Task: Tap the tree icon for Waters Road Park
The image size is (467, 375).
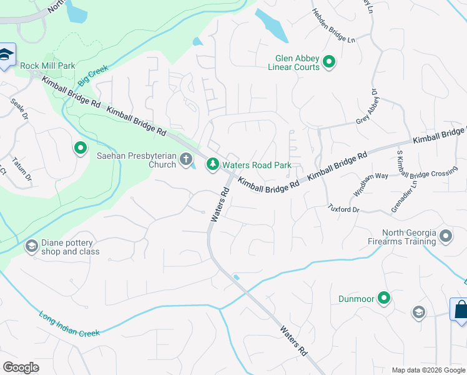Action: tap(213, 164)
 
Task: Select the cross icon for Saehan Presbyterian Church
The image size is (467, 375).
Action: tap(185, 160)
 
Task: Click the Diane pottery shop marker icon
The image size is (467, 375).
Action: tap(31, 247)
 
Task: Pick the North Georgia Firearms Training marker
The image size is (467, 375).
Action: tap(445, 236)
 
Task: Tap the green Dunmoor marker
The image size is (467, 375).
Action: tap(384, 299)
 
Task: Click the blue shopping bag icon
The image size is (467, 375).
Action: tap(459, 309)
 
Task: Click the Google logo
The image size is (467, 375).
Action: tap(21, 367)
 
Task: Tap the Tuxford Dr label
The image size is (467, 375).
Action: tap(343, 208)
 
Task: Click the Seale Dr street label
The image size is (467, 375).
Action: tap(20, 108)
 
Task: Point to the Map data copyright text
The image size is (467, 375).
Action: tap(428, 369)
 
